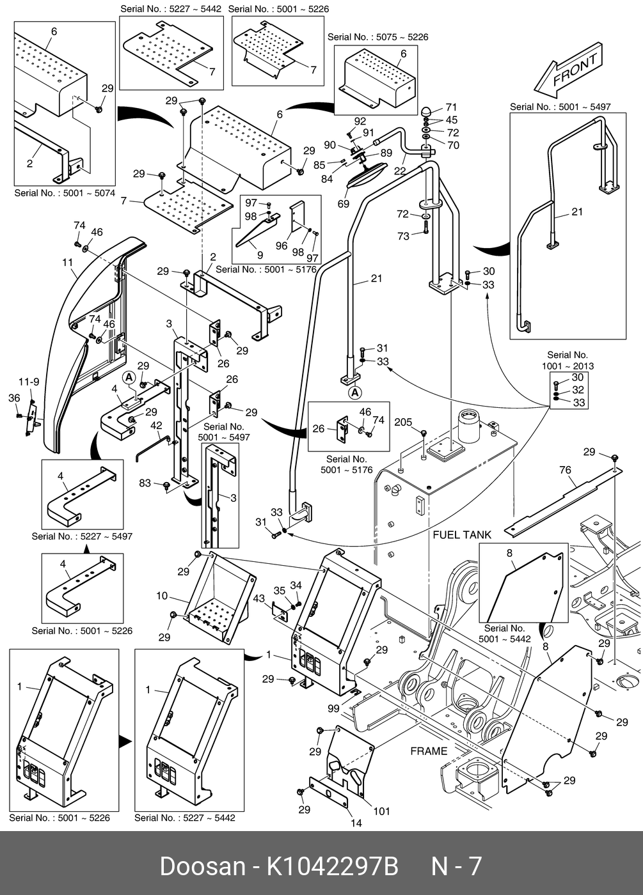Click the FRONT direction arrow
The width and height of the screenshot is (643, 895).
click(568, 69)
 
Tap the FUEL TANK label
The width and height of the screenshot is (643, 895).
click(462, 534)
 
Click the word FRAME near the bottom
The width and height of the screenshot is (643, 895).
click(429, 751)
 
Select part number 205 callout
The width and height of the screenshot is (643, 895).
click(403, 422)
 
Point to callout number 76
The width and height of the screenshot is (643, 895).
click(565, 471)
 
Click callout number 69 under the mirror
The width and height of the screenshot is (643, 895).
click(344, 204)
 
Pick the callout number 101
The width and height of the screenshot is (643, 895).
click(381, 811)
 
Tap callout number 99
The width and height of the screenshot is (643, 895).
click(333, 708)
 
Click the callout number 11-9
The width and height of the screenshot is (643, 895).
click(29, 382)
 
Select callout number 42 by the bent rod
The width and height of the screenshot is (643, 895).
click(156, 425)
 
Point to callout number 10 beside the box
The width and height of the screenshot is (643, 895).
click(162, 596)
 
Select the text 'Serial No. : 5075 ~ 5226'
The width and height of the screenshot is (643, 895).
click(377, 37)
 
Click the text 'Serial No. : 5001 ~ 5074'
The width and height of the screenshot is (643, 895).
click(65, 192)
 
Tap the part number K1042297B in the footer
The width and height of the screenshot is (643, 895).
click(332, 866)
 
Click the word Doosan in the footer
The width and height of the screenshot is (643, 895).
click(202, 866)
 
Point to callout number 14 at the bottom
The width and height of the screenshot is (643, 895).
click(356, 823)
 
